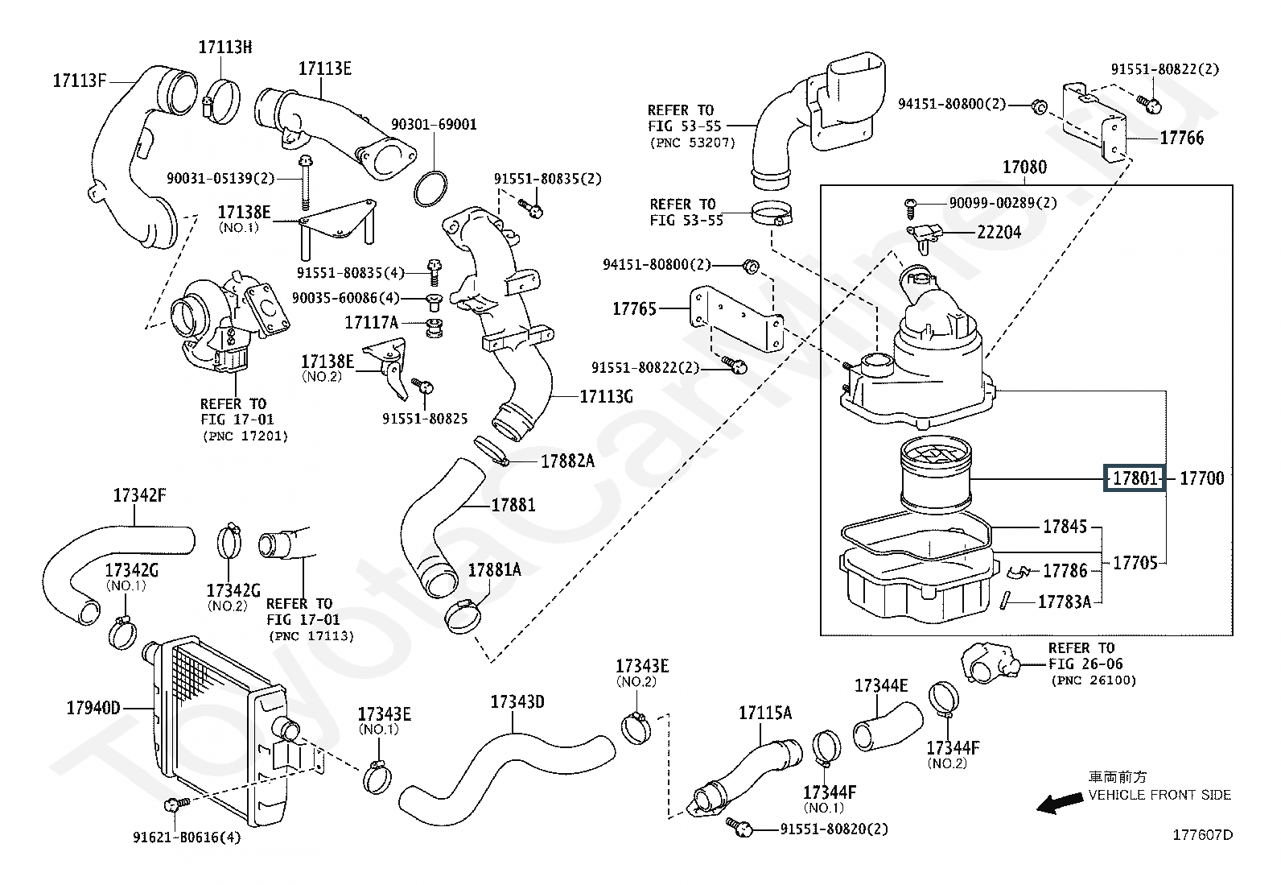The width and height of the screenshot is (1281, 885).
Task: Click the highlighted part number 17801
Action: point(1135,478)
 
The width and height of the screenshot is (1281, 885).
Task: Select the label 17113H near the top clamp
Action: point(225,47)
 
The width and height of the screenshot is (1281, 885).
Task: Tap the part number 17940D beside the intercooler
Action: point(93,708)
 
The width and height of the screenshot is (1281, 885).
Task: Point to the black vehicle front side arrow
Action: point(1059,804)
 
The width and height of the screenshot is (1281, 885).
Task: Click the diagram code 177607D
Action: point(1203,835)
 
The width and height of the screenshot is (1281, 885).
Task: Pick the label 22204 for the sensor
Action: point(999,233)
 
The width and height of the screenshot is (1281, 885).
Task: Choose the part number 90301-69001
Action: point(434,125)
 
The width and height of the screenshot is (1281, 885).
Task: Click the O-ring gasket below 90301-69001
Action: point(430,189)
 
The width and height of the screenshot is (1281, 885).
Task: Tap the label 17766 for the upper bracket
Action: point(1181,138)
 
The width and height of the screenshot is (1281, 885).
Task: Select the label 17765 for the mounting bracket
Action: point(634,309)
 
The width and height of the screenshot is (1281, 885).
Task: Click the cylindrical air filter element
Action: point(936,474)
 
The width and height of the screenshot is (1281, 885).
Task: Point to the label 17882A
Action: point(568,461)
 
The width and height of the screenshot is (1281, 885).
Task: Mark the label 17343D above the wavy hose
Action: point(517,702)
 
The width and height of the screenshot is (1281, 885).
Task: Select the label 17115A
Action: point(765,713)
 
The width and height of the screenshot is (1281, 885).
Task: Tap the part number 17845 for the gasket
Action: point(1065,527)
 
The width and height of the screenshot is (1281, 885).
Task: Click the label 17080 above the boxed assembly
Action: point(1025,167)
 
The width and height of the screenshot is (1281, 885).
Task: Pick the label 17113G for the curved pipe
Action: point(606,397)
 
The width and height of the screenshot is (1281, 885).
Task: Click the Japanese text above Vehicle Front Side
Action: point(1118,777)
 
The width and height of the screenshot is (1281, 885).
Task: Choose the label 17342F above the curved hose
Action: point(139,495)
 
